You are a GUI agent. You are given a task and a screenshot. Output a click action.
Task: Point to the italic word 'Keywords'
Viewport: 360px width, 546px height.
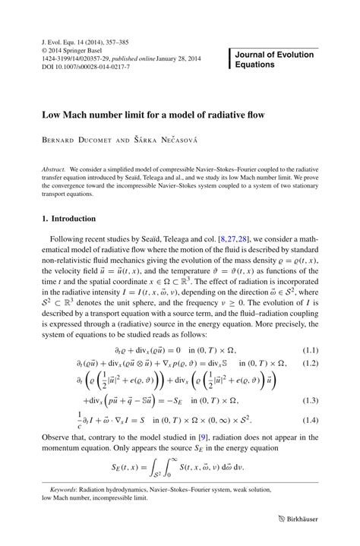(x=65, y=491)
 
